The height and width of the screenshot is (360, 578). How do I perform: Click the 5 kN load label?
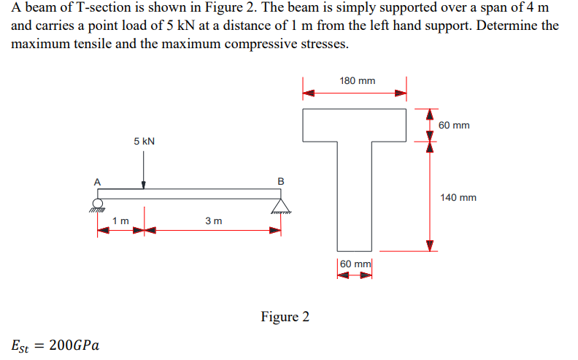(x=144, y=141)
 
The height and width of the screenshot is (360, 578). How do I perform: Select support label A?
(x=95, y=181)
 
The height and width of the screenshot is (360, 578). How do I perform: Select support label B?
(x=281, y=180)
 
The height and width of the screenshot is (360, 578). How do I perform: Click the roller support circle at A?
(x=96, y=204)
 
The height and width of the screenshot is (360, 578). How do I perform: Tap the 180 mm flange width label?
(x=358, y=80)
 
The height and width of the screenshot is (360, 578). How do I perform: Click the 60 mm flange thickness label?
(x=455, y=126)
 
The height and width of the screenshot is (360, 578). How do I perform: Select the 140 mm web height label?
(x=458, y=197)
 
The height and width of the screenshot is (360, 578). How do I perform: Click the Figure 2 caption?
(x=285, y=317)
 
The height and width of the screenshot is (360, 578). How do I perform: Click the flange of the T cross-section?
(x=355, y=123)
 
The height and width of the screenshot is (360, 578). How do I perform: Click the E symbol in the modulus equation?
(x=18, y=344)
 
